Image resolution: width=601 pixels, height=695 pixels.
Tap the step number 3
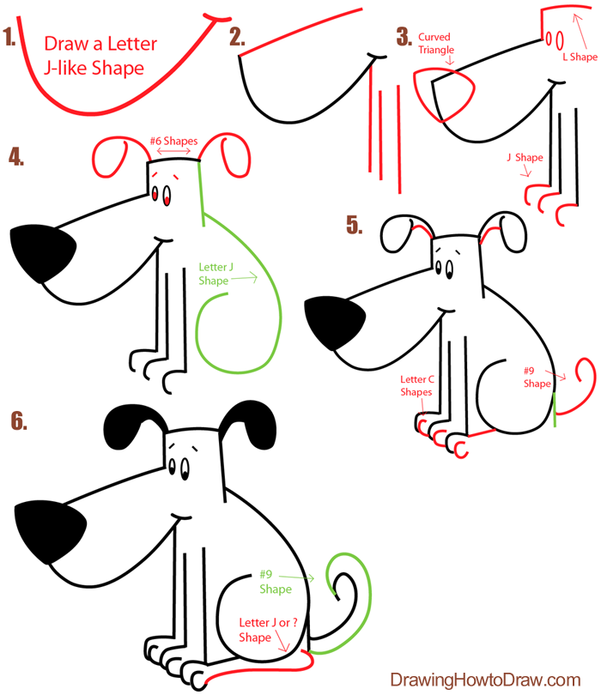coord(404,37)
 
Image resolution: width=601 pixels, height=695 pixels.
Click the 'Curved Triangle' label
coord(434,44)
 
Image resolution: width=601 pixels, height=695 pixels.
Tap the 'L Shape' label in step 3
coord(579,57)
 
